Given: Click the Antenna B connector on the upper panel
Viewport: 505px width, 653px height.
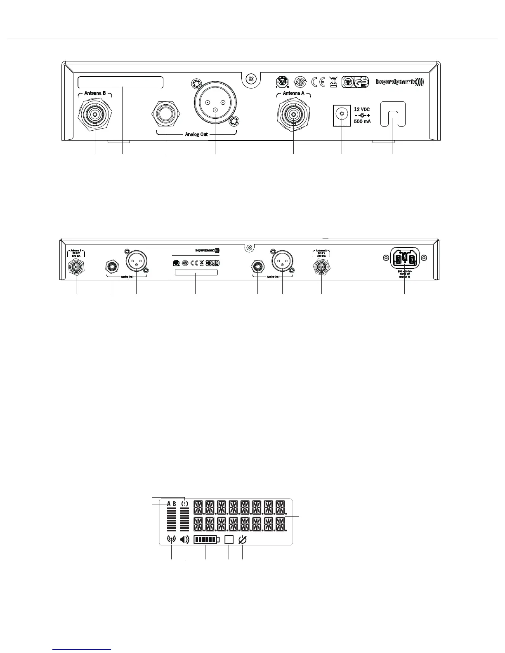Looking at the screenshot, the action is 95,114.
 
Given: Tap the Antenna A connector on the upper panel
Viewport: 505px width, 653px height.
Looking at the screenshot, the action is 293,114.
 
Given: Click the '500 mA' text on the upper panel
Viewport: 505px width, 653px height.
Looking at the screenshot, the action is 362,122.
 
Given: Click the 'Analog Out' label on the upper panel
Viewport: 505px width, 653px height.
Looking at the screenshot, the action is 196,134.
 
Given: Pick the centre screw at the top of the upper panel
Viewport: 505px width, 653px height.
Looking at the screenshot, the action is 250,78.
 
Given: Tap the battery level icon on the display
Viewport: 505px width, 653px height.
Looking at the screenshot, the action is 206,540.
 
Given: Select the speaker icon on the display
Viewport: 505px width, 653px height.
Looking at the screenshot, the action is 184,540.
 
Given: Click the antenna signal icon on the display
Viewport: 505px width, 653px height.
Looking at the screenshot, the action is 171,540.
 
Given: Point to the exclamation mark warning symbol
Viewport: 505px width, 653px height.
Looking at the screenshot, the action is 184,504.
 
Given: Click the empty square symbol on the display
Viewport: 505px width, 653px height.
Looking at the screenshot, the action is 229,540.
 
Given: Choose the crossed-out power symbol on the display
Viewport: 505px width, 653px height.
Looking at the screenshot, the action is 243,540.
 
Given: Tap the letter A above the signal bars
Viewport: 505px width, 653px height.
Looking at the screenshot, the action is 169,504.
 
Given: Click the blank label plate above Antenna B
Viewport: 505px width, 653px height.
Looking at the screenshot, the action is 120,82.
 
